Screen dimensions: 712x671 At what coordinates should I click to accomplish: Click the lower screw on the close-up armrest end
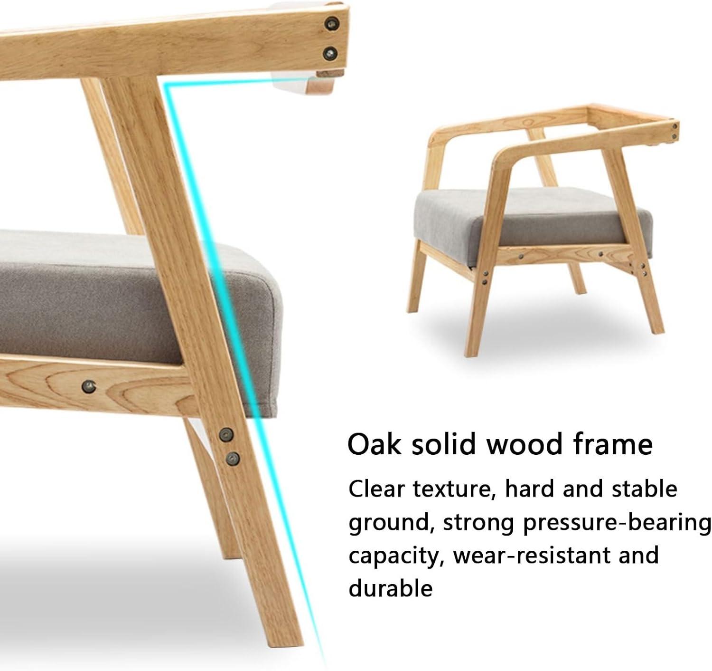click(x=330, y=54)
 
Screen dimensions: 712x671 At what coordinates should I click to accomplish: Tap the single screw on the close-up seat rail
click(x=89, y=386)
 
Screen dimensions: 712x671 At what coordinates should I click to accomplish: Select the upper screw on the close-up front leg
click(x=226, y=434)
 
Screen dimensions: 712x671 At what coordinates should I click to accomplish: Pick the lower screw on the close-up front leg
click(x=233, y=459)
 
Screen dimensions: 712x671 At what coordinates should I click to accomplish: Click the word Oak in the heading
click(x=375, y=445)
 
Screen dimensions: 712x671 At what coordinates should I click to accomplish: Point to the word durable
click(x=391, y=588)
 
